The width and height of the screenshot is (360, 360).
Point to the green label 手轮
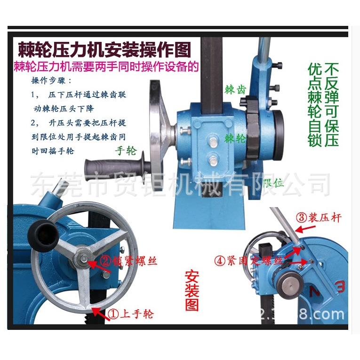tap(125, 151)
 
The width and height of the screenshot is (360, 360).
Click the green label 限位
tap(273, 183)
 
